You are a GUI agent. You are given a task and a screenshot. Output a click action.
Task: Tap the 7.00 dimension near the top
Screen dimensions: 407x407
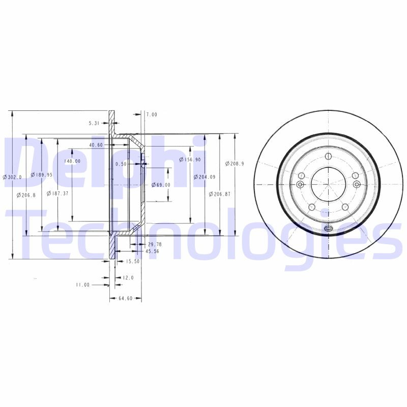[152, 115]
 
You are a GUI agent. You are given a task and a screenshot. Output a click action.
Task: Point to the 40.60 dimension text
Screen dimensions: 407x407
[96, 145]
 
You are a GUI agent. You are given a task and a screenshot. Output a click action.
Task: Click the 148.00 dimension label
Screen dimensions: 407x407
[73, 161]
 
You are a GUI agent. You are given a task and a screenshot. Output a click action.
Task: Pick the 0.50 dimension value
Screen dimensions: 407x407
[121, 164]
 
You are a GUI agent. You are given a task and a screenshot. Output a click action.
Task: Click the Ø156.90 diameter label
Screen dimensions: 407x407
[190, 159]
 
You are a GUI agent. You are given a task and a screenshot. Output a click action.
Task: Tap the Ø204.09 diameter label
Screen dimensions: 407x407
[205, 177]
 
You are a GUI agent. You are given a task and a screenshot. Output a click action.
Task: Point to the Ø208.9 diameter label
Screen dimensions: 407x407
[235, 163]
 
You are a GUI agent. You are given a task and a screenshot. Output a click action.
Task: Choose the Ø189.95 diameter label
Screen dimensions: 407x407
[41, 175]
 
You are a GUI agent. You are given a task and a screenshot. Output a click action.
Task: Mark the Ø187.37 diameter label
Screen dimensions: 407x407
[57, 193]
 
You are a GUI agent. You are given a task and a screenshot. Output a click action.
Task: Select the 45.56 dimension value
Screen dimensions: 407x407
[152, 251]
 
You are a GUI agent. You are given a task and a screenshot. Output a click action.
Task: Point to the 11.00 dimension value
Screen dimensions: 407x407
[82, 285]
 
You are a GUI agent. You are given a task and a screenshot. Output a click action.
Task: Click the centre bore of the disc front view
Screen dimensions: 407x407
[328, 184]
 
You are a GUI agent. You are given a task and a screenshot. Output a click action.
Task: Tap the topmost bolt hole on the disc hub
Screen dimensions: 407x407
[328, 156]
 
